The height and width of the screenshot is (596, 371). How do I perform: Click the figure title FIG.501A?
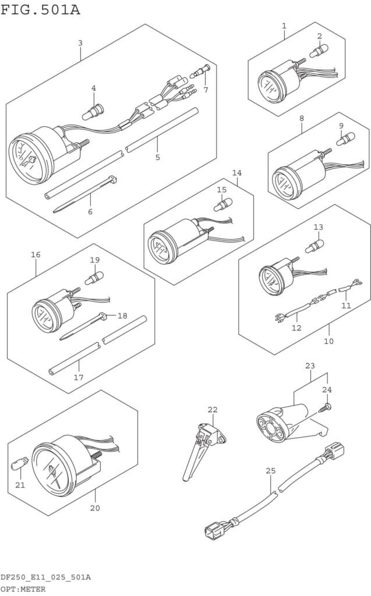[40, 10]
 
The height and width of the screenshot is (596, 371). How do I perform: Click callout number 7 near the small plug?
[206, 90]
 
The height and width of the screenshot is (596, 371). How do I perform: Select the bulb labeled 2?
[319, 51]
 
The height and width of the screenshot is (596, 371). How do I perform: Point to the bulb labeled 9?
[345, 139]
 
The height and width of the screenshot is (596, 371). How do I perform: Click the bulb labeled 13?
[315, 246]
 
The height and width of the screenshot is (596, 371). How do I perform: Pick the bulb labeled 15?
[223, 204]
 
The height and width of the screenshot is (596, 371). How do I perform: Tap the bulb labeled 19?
[94, 278]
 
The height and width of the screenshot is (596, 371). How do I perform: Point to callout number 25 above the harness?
[271, 471]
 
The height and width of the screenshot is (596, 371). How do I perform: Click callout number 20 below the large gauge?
[95, 508]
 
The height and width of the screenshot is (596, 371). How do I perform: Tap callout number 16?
[36, 255]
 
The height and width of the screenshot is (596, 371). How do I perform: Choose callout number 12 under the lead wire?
[296, 328]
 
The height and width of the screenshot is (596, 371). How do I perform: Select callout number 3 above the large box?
[80, 43]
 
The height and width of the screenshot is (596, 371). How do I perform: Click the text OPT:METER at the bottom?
[23, 589]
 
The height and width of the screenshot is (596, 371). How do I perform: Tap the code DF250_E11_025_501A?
[45, 577]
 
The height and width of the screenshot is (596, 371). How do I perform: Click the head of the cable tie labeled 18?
[103, 315]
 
